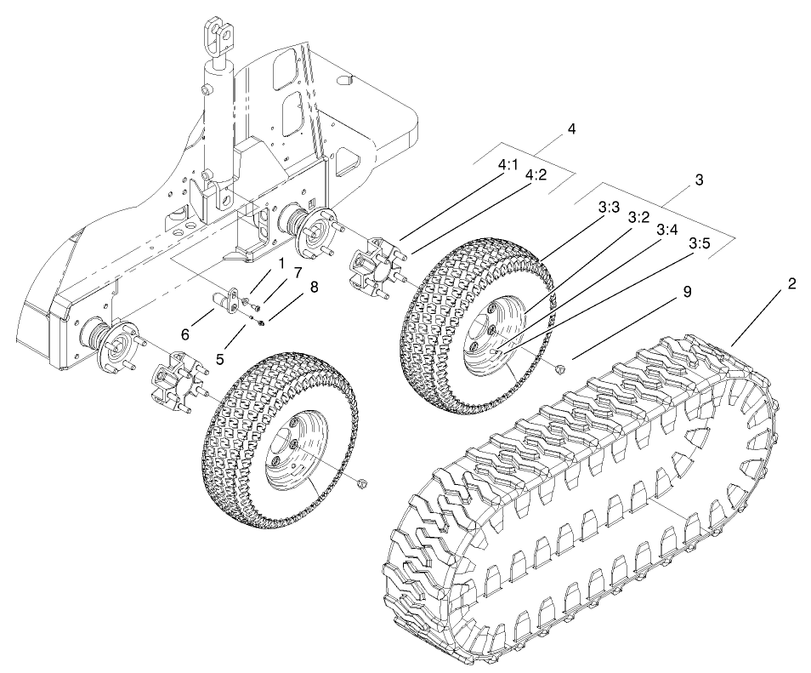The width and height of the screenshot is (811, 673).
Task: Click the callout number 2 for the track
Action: point(791,284)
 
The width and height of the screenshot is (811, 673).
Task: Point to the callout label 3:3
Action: point(609,207)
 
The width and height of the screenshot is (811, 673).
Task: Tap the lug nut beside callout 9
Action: point(559,369)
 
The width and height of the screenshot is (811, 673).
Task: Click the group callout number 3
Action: point(698,180)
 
